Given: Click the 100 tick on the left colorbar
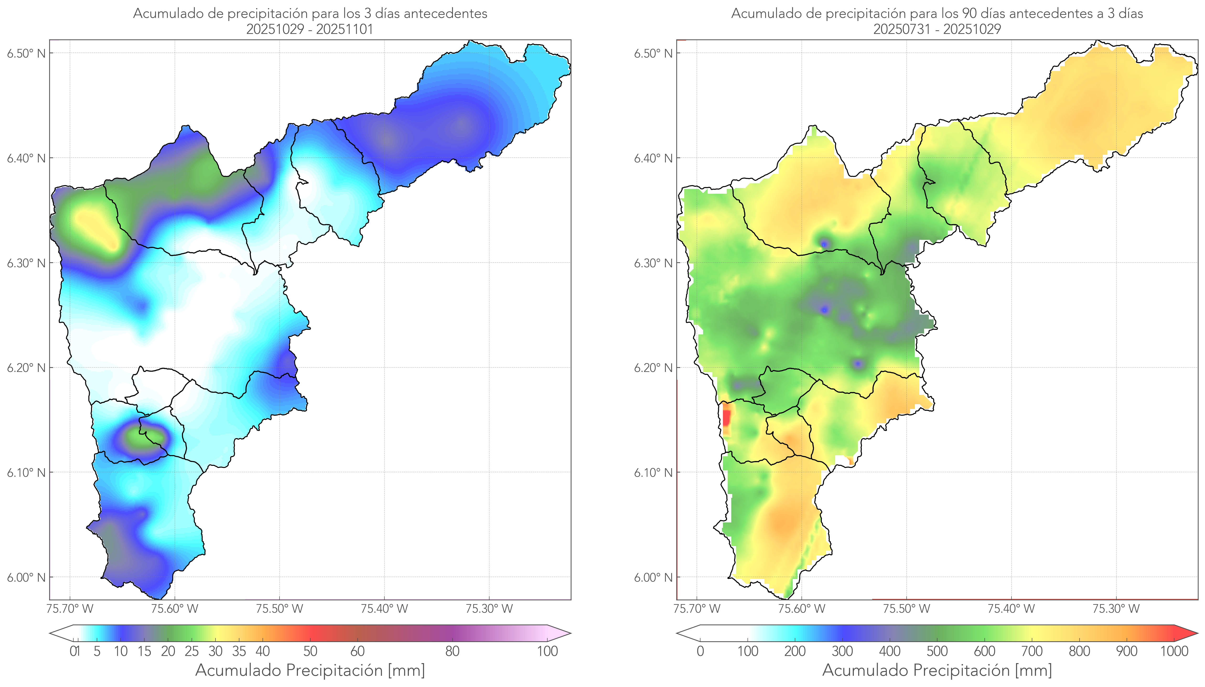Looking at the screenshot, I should click(547, 651).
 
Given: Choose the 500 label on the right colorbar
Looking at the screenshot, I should click(937, 651).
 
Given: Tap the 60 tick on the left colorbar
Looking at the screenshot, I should click(358, 651).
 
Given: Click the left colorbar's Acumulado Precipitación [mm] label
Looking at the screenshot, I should click(310, 670).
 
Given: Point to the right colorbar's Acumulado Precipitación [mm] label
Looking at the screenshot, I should click(937, 670).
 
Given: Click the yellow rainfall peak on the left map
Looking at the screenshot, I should click(97, 229).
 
